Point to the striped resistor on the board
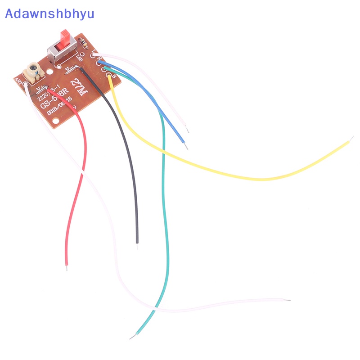pyautogui.click(x=83, y=43)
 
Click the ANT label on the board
pyautogui.click(x=19, y=81)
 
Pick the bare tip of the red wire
pyautogui.click(x=67, y=268)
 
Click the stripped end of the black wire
pyautogui.click(x=137, y=246)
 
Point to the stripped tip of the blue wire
pyautogui.click(x=186, y=146)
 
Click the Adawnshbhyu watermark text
pyautogui.click(x=49, y=13)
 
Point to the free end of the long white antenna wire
pyautogui.click(x=288, y=300)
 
